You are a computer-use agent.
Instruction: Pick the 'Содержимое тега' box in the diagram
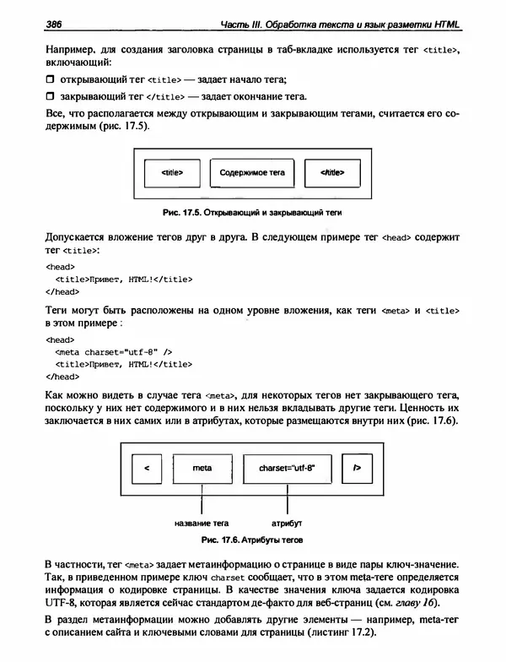click(x=252, y=172)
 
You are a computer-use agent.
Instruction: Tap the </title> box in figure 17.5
click(x=332, y=172)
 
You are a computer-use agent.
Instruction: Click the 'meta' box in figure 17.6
click(x=202, y=467)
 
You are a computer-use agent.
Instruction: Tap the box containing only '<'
click(x=147, y=467)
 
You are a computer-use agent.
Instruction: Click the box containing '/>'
click(x=358, y=467)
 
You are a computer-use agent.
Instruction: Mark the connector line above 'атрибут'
click(x=288, y=502)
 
